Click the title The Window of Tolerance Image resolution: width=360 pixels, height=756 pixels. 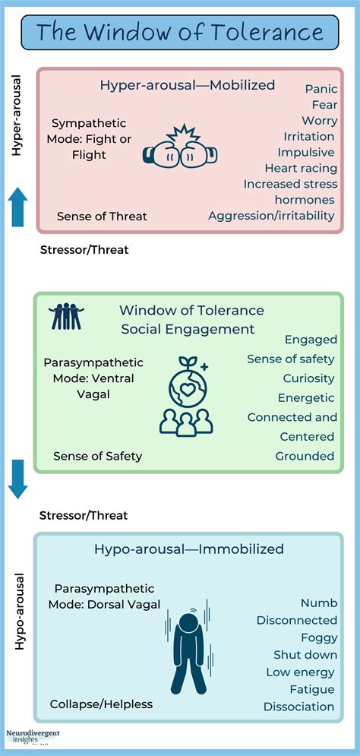[180, 33]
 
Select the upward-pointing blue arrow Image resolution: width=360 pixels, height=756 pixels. [18, 207]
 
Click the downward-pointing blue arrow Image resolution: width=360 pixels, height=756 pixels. [18, 479]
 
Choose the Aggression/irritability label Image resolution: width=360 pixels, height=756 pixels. [271, 216]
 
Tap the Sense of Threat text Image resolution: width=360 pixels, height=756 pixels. [102, 217]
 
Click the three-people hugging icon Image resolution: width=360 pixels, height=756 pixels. [66, 316]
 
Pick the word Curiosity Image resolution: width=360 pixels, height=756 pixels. [308, 378]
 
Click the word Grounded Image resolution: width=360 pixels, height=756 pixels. [305, 456]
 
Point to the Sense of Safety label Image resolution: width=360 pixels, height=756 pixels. [97, 456]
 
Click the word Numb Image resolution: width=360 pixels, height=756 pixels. [318, 603]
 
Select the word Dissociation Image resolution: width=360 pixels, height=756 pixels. [298, 707]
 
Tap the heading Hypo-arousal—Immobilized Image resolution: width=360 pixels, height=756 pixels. [189, 549]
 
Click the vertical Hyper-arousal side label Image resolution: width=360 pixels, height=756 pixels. [17, 115]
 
